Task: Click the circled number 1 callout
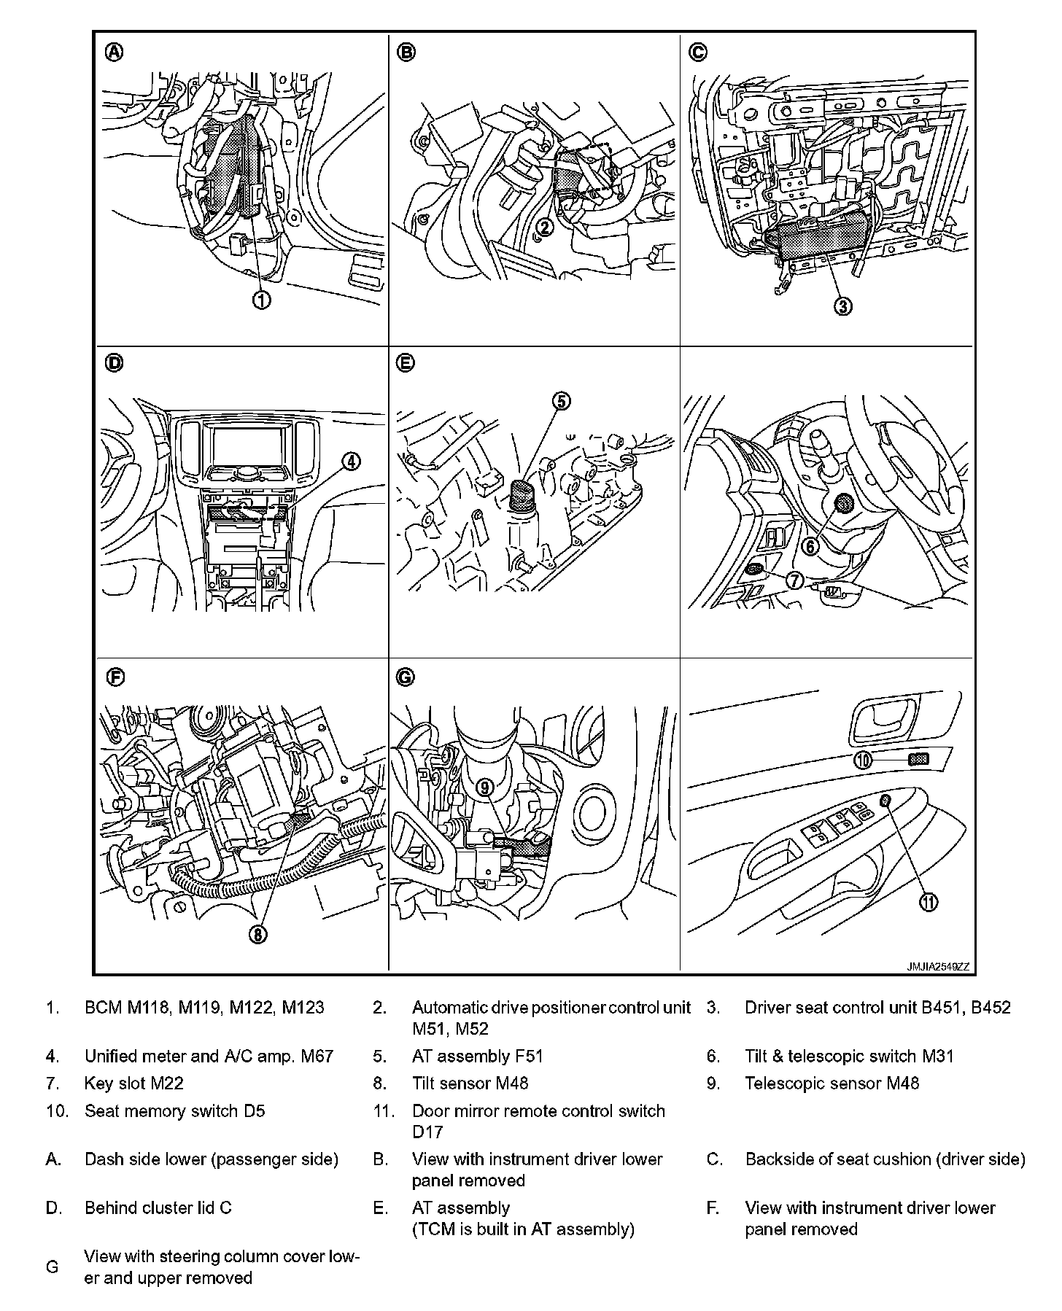(x=261, y=300)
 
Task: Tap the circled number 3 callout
(x=842, y=306)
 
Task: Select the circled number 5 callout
(x=561, y=401)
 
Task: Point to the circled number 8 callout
(x=257, y=934)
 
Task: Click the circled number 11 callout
(x=928, y=902)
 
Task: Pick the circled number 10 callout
(x=863, y=760)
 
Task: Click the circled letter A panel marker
(x=115, y=52)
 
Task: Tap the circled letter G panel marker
(x=405, y=677)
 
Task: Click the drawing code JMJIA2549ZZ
(x=938, y=967)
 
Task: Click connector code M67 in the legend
(x=317, y=1056)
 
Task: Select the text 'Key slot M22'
(x=134, y=1083)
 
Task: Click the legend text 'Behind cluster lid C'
(x=158, y=1207)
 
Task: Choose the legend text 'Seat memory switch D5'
(x=175, y=1111)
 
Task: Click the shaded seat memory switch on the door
(x=918, y=760)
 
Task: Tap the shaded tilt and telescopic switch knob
(x=845, y=503)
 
